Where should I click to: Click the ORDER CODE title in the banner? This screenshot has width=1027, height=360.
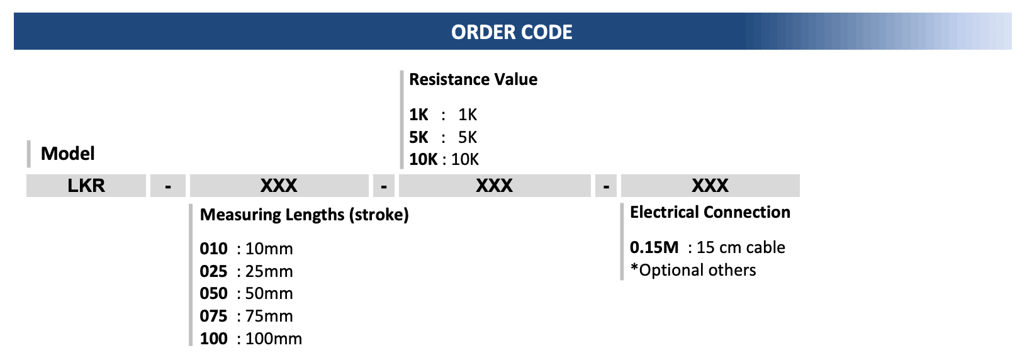click(512, 32)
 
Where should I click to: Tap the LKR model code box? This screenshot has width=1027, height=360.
click(86, 186)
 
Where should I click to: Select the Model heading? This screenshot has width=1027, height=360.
click(68, 154)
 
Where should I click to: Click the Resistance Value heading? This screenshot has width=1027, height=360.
click(473, 79)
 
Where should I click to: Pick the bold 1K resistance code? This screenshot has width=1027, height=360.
click(418, 115)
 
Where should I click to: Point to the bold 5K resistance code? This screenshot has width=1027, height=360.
click(418, 137)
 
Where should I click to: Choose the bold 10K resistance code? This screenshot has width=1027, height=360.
click(423, 159)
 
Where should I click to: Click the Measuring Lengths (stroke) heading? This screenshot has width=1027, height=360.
click(304, 215)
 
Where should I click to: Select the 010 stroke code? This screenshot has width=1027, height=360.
click(214, 249)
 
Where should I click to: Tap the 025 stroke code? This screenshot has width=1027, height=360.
click(214, 271)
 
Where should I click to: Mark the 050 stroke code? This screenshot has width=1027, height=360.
click(214, 293)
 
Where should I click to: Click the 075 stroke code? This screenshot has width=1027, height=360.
click(214, 316)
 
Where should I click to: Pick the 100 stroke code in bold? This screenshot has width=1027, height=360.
click(214, 339)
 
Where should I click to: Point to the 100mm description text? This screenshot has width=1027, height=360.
click(274, 339)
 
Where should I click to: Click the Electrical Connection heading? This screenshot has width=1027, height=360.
click(710, 212)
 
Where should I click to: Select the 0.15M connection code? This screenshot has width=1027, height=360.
click(654, 247)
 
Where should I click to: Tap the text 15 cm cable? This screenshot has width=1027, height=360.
click(741, 247)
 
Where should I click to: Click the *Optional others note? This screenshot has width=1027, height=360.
click(693, 270)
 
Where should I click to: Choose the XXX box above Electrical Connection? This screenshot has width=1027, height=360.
click(710, 186)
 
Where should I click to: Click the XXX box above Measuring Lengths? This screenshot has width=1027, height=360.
click(279, 186)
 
